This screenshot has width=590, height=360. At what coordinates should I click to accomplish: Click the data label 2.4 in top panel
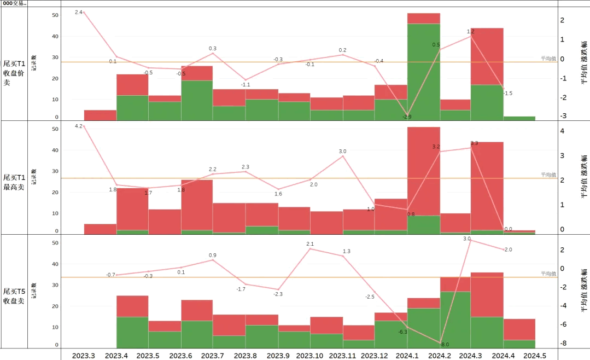click(79, 12)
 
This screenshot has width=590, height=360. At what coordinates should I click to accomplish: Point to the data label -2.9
click(407, 117)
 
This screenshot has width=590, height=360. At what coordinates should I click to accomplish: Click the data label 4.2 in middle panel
click(79, 126)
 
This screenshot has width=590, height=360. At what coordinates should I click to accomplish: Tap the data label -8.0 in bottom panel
click(445, 345)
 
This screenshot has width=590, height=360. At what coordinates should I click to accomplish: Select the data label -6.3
click(402, 332)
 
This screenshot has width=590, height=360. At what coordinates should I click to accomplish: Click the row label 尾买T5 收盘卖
click(14, 296)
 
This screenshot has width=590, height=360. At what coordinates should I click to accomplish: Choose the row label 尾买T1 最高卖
click(14, 182)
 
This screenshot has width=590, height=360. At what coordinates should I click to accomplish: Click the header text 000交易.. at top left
click(14, 3)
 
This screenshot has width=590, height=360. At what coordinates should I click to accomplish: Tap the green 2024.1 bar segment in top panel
click(424, 71)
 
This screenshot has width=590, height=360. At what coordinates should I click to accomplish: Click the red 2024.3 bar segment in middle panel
click(487, 186)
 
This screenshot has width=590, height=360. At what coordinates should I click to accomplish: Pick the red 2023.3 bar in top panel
click(100, 115)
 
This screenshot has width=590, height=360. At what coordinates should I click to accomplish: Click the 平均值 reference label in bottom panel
click(548, 274)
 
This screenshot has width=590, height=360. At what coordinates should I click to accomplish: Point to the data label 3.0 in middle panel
click(342, 152)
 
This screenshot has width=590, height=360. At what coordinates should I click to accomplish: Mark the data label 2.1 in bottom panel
click(310, 244)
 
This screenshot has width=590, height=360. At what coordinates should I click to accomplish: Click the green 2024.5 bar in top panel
click(519, 118)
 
